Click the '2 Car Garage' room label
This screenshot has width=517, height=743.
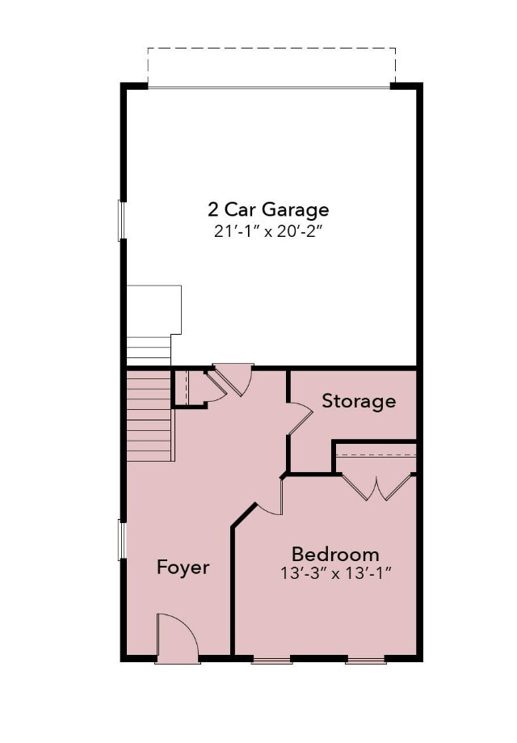click(x=268, y=210)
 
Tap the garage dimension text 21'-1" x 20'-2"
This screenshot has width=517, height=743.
click(x=268, y=231)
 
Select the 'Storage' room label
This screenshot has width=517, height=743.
click(x=359, y=401)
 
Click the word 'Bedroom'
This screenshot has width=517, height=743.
click(x=335, y=555)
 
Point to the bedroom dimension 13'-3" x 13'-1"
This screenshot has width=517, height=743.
click(x=335, y=574)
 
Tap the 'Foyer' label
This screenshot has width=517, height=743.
click(x=183, y=568)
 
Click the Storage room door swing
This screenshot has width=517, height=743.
click(x=299, y=419)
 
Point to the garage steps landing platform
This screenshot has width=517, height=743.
click(x=153, y=310)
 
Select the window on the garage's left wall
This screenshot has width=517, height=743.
click(x=122, y=220)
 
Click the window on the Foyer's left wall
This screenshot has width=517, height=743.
click(x=122, y=540)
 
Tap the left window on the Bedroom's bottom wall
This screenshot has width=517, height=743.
click(x=271, y=661)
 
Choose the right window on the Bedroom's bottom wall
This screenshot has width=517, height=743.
click(x=366, y=661)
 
